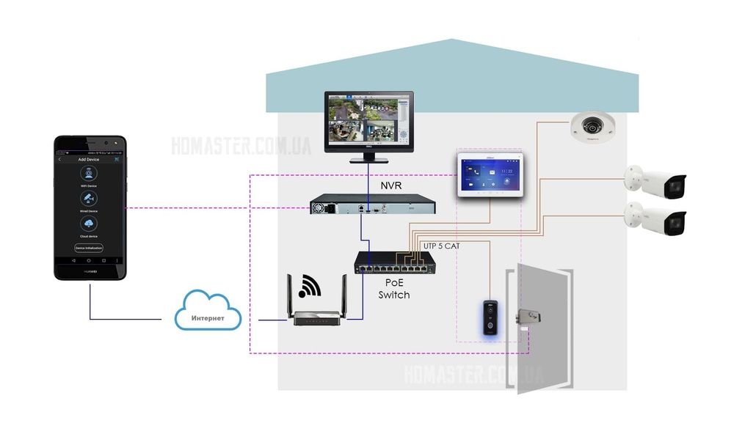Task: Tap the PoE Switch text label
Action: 393,288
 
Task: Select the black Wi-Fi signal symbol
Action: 310,286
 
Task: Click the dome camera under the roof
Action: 592,127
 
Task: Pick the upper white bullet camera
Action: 655,183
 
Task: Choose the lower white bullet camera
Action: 655,218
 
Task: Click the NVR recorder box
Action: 371,205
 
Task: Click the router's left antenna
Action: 290,293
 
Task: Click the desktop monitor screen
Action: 369,119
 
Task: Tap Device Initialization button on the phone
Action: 89,248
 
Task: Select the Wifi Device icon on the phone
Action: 89,174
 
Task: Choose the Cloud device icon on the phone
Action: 89,224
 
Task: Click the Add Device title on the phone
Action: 89,159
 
